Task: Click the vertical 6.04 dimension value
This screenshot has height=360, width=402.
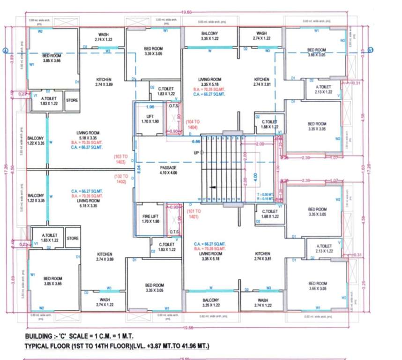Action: pyautogui.click(x=139, y=170)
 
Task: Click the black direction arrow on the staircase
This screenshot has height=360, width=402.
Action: pyautogui.click(x=213, y=187)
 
